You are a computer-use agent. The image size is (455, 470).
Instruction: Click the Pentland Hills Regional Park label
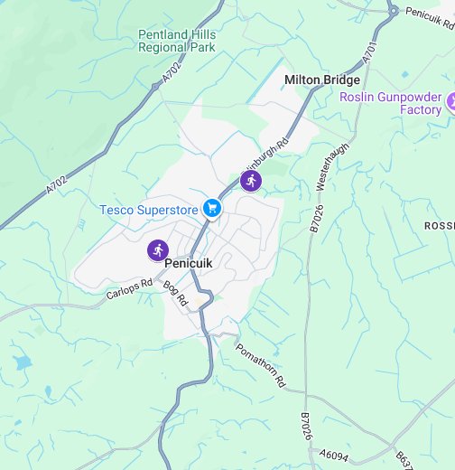point(177,41)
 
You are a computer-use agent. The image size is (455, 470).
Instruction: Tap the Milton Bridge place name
point(322,80)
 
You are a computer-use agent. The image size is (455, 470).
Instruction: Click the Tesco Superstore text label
point(148,210)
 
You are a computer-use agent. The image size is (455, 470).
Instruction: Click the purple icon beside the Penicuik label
point(158,250)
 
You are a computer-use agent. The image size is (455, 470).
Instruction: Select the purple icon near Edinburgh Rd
point(250,181)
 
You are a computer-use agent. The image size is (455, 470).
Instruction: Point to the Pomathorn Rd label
point(260,365)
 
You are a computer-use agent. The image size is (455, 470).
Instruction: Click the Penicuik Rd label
point(429,13)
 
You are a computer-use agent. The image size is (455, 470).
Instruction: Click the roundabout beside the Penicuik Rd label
point(393,11)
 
